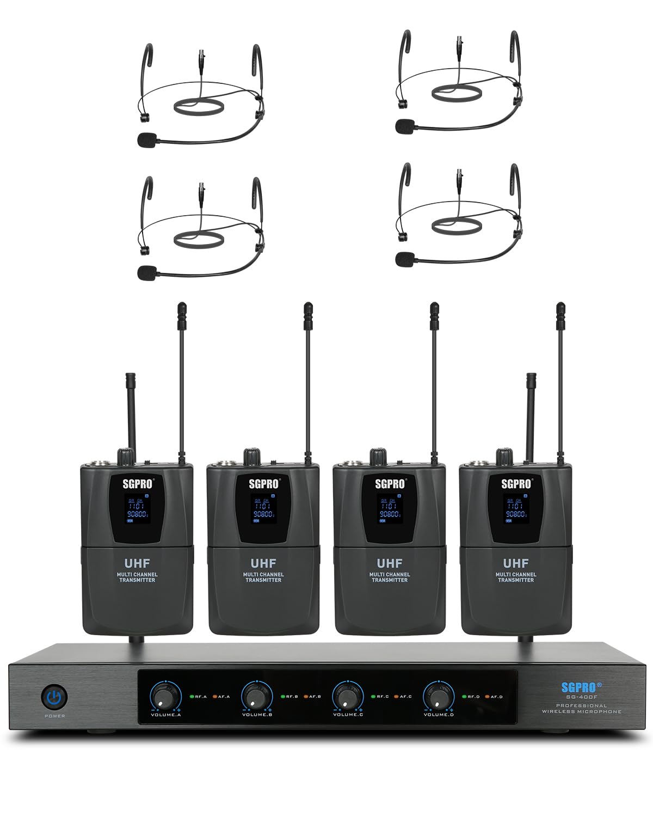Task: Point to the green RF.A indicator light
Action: click(192, 696)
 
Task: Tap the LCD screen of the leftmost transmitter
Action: click(137, 510)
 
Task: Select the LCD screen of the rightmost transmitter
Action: click(515, 510)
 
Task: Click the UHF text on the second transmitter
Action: click(263, 563)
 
